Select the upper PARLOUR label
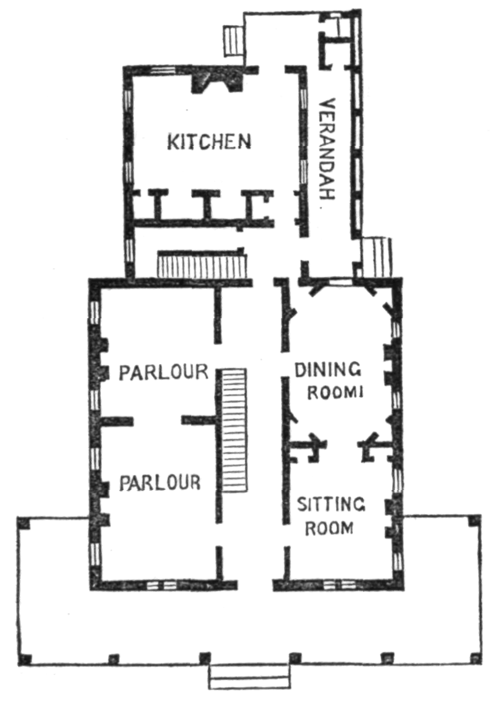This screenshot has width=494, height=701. point(164,372)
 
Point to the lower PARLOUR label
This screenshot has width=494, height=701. point(160,482)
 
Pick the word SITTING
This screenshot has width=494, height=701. point(332,505)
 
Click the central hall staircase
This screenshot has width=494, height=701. point(235,430)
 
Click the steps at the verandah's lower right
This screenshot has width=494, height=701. point(376,257)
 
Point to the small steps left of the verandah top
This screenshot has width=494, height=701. point(233,41)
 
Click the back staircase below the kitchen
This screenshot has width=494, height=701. point(202,265)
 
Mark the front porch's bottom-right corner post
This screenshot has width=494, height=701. point(474,658)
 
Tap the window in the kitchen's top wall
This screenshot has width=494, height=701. point(162,70)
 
